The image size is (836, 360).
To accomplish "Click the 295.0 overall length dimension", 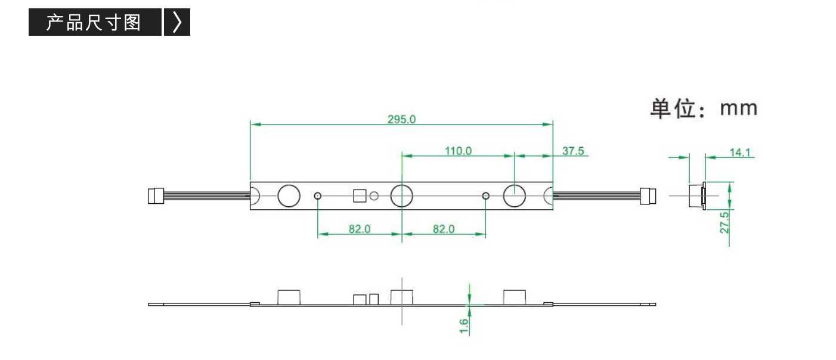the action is click(x=401, y=119).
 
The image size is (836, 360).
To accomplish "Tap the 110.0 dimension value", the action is click(x=458, y=151).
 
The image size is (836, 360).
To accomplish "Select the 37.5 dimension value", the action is click(x=573, y=151).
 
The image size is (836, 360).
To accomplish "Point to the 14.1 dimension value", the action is click(x=740, y=153).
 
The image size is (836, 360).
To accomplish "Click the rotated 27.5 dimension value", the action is click(x=724, y=223).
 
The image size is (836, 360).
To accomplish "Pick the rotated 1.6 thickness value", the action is click(x=463, y=326).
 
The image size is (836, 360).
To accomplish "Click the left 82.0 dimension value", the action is click(x=360, y=229).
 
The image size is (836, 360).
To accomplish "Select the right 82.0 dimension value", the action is click(x=444, y=229).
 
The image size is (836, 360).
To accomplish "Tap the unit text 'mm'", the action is click(x=739, y=108).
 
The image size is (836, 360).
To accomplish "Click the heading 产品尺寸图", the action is click(x=93, y=23).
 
